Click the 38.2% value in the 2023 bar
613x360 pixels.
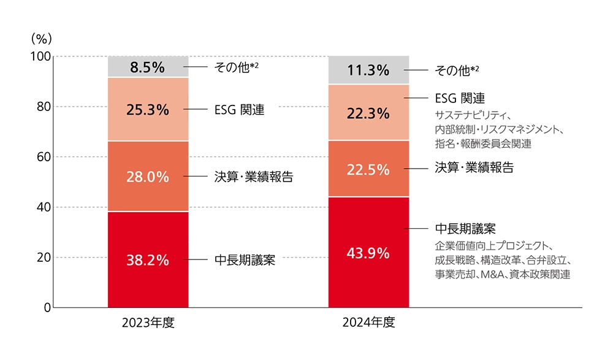[147, 260]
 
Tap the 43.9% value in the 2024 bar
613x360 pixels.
[368, 253]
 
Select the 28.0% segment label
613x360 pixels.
[147, 177]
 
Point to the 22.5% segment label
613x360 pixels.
[368, 170]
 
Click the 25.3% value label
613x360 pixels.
[147, 110]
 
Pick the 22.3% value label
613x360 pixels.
[368, 113]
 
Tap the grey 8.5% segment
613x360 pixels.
[147, 67]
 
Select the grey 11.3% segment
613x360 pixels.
[368, 71]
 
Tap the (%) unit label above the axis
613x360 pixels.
[41, 37]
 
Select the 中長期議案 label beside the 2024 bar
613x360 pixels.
[465, 229]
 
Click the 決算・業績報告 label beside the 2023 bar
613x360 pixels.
[254, 177]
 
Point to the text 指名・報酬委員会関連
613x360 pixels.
[483, 145]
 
